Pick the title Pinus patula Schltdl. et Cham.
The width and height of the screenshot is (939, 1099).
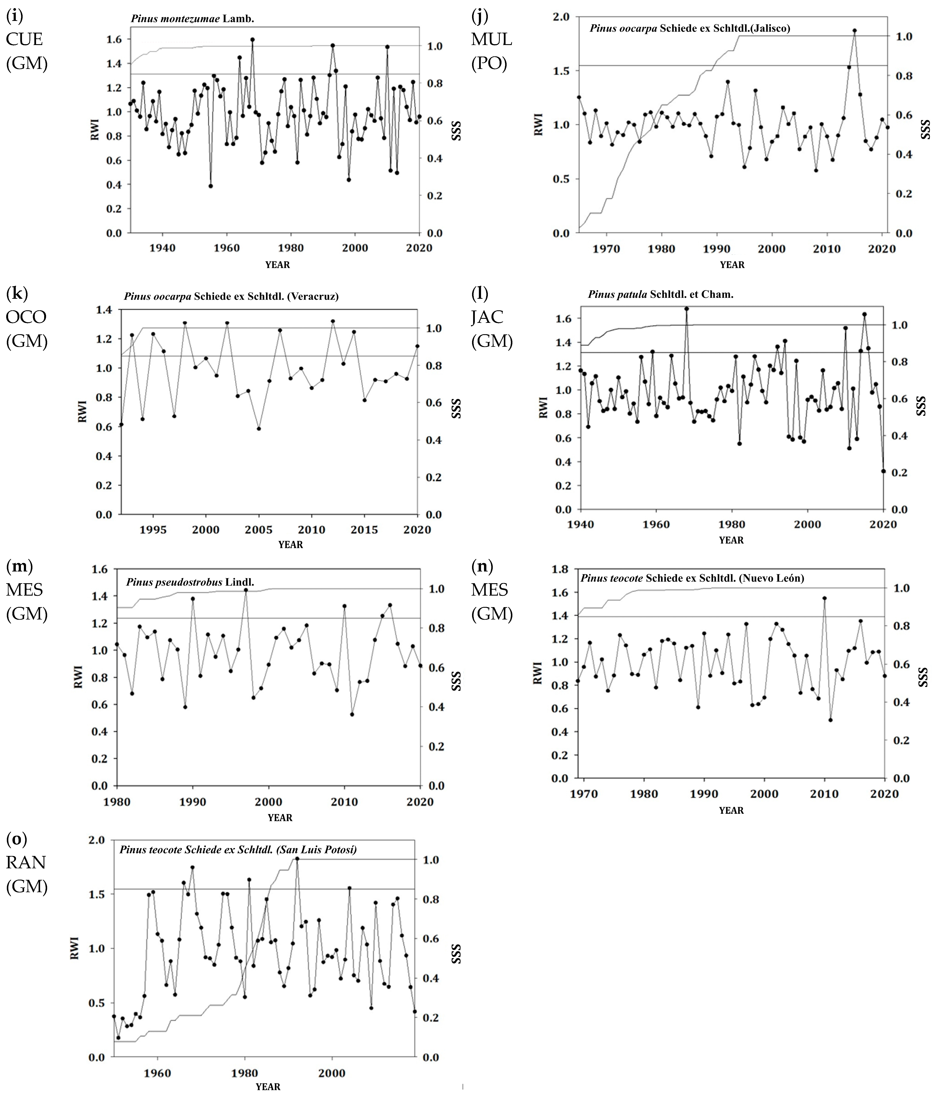(x=660, y=294)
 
